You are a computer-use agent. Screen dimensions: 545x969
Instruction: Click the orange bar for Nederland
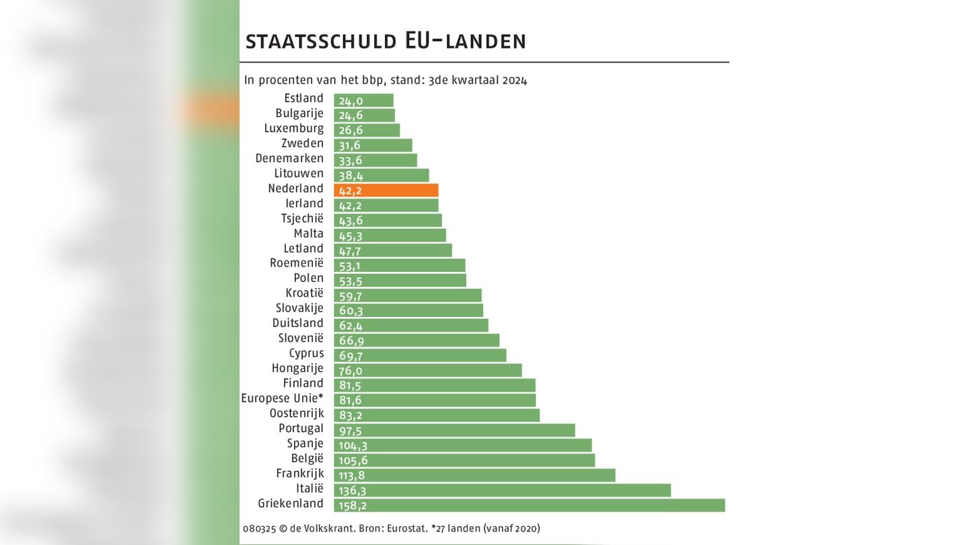386,190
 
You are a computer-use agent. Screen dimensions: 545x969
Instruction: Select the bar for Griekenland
529,505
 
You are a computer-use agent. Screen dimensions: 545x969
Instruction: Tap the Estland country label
303,98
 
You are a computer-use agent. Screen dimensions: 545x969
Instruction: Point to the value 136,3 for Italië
353,490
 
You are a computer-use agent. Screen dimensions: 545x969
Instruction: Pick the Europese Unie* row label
282,398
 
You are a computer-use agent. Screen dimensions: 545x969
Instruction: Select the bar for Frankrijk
474,475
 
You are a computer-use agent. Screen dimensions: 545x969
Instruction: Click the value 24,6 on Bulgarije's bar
351,115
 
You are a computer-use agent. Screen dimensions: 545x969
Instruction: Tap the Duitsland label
297,323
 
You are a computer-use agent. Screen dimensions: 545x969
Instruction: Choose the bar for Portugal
454,430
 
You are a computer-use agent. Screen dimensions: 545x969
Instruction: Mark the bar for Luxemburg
367,130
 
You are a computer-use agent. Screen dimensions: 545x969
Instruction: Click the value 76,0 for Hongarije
351,370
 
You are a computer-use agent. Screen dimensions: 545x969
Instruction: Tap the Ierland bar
386,205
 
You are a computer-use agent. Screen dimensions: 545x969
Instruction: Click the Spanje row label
306,443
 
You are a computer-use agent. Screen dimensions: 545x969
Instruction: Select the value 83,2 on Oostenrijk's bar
351,415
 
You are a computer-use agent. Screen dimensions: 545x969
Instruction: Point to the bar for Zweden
373,145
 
